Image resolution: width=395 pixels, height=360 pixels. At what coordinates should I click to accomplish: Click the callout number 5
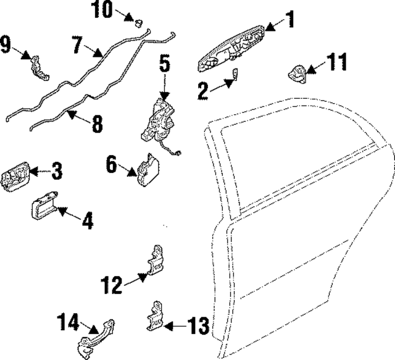[164, 63]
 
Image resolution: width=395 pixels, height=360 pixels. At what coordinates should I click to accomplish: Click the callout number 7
[77, 45]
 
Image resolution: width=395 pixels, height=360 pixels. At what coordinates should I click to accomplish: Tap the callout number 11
[336, 62]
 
